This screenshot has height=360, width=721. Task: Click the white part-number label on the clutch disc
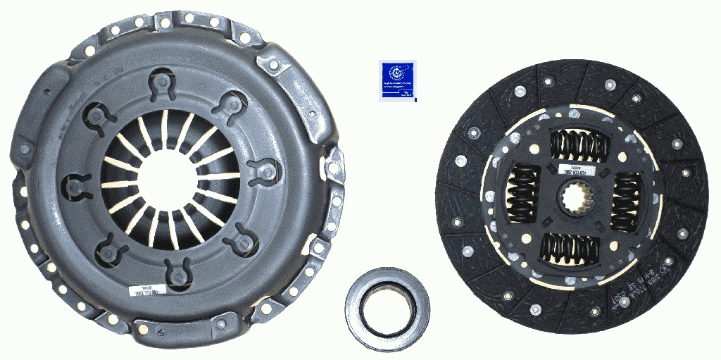pos(576,170)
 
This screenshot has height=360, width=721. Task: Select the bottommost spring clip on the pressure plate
pos(177,271)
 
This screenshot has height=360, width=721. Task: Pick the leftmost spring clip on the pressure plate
pos(75,187)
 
